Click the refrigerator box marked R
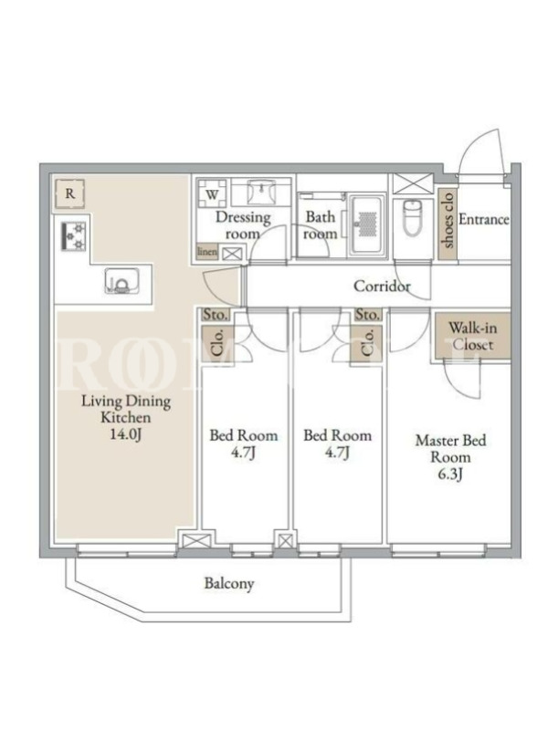tap(70, 193)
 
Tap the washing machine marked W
tap(212, 193)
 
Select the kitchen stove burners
tap(74, 236)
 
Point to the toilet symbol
tap(412, 217)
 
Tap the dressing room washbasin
tap(262, 192)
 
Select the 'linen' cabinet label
tap(207, 252)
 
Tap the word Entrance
tap(484, 219)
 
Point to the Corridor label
tap(382, 286)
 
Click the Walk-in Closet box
tap(473, 336)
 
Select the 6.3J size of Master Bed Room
tap(449, 474)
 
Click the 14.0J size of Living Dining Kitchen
tap(126, 435)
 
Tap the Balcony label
tap(229, 583)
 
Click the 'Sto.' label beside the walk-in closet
tap(368, 315)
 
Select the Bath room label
tap(321, 225)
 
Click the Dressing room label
tap(243, 225)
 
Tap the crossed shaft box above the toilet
tap(413, 183)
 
